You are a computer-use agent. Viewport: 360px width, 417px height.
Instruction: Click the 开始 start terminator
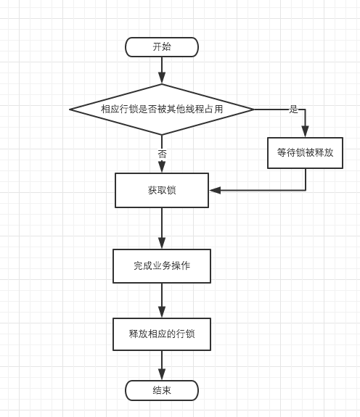point(162,47)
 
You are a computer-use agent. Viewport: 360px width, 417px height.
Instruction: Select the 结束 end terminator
point(162,390)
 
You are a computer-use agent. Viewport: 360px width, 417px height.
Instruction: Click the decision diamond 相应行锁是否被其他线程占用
point(162,109)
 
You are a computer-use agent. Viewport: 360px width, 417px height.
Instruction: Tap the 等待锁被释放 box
point(305,153)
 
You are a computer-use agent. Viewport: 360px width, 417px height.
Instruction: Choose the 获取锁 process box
point(162,190)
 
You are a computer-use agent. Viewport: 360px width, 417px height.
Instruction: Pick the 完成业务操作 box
point(162,266)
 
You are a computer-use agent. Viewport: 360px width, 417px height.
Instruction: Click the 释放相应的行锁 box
point(162,334)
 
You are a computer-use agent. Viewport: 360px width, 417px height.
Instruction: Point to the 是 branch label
point(293,110)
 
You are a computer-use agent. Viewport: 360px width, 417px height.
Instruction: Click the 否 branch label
point(162,154)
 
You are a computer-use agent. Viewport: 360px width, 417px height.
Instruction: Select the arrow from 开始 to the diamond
point(162,70)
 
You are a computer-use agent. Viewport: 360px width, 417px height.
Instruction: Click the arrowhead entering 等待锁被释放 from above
point(305,132)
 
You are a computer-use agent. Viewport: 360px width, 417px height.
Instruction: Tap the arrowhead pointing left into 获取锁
point(215,190)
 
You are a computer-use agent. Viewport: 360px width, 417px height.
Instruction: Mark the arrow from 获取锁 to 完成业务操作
point(162,228)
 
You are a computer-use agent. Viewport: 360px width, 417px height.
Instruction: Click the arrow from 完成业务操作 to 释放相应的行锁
point(162,300)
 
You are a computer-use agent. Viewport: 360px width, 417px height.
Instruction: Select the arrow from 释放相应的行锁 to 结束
point(162,366)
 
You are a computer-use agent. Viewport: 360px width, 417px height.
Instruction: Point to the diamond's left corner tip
point(70,109)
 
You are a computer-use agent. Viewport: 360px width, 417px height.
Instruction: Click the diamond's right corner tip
point(253,109)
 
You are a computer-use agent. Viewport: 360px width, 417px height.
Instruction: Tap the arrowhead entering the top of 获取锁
point(162,168)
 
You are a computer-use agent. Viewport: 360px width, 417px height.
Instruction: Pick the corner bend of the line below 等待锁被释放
point(305,190)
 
